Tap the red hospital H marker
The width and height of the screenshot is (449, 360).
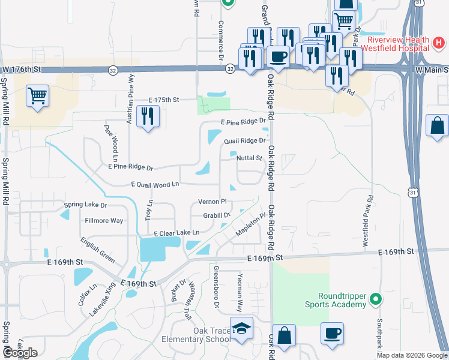(x=439, y=43)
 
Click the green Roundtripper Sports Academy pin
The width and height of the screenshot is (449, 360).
(x=376, y=298)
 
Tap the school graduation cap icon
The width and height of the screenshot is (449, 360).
(x=241, y=329)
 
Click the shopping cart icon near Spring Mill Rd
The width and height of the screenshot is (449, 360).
(x=38, y=95)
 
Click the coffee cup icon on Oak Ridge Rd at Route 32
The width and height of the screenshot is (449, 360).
(x=277, y=56)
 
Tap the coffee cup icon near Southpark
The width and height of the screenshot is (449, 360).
(x=332, y=332)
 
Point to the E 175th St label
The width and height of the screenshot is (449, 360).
(x=164, y=100)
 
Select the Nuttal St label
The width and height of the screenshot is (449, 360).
(x=250, y=158)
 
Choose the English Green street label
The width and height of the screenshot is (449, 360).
(x=97, y=250)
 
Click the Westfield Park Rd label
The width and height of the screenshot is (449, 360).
(x=368, y=220)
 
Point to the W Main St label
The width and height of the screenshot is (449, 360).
(x=432, y=70)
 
